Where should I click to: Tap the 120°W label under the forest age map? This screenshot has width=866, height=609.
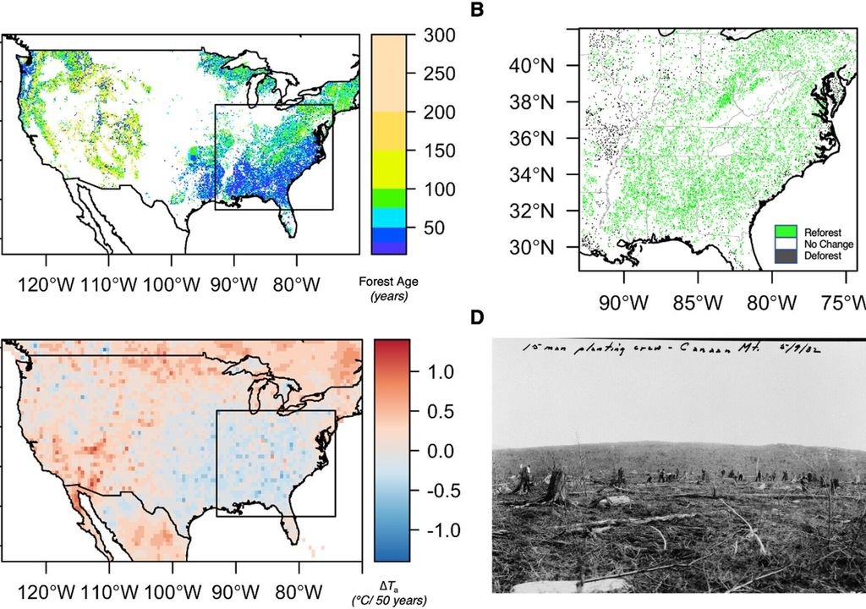click(47, 589)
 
